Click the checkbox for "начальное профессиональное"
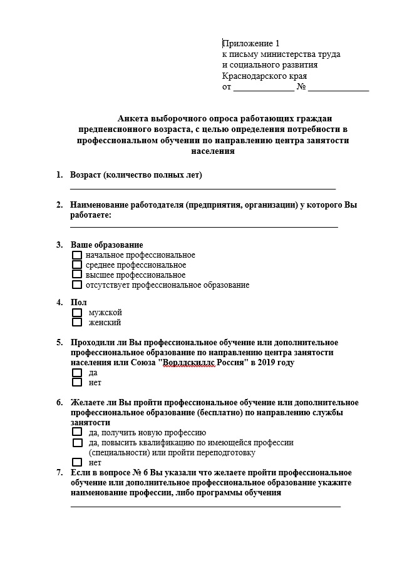point(77,255)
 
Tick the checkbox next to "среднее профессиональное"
point(77,265)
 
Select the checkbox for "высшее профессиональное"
point(77,275)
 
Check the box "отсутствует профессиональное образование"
point(77,285)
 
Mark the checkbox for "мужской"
point(77,313)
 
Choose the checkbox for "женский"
point(77,323)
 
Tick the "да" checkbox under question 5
point(77,373)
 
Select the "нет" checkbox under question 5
point(77,382)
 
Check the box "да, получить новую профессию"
point(77,432)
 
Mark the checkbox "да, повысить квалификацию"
point(77,443)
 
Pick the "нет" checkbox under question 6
point(77,462)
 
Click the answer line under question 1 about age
point(203,186)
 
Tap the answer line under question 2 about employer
point(204,226)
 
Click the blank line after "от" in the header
point(263,89)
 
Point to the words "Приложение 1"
point(250,44)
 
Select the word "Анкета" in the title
point(133,118)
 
